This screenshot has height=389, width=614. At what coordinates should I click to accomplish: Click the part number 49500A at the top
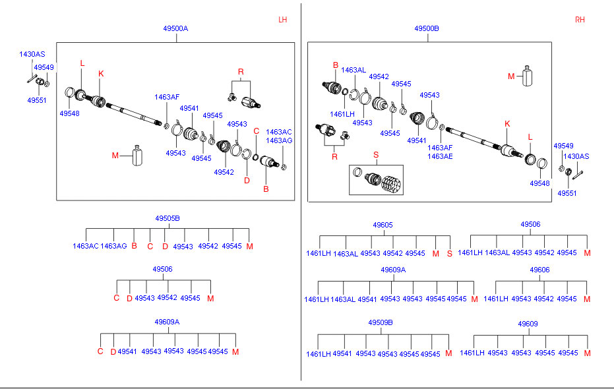coord(176,29)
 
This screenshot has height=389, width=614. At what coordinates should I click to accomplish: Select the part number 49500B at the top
coord(427,29)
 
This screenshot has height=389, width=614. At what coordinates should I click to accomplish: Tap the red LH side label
coord(283,20)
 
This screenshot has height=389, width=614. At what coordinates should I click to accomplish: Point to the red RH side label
coord(580,20)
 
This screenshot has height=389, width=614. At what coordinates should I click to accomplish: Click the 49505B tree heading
coord(168,218)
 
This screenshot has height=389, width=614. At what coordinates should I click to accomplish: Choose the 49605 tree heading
coord(383,225)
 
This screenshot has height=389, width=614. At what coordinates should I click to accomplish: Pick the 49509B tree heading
coord(381,322)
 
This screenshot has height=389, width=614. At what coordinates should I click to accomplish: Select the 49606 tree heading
coord(539,270)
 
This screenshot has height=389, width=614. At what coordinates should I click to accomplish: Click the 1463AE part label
coord(440,156)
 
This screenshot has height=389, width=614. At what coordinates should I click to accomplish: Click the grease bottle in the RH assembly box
coord(527,76)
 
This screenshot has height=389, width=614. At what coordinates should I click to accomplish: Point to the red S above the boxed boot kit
coord(376,155)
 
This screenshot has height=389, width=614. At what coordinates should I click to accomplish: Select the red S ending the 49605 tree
coord(450,253)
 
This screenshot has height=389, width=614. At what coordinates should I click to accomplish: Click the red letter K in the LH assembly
coord(101,73)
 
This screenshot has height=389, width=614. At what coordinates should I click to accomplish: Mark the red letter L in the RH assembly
coord(530,136)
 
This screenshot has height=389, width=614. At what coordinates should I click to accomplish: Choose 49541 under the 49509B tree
coord(342,354)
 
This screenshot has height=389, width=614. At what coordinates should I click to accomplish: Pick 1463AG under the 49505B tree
coord(113,246)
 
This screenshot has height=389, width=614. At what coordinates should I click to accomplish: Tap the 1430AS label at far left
coord(32,54)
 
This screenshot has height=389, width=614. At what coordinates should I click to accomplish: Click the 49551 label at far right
coord(567,193)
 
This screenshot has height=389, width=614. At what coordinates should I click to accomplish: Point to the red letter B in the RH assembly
coord(335,65)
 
